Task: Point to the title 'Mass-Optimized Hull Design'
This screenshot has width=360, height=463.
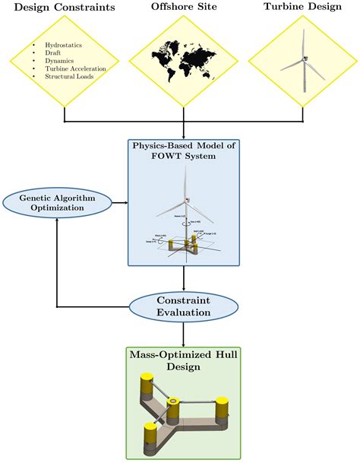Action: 183,360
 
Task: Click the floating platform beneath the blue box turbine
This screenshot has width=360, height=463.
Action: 182,246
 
